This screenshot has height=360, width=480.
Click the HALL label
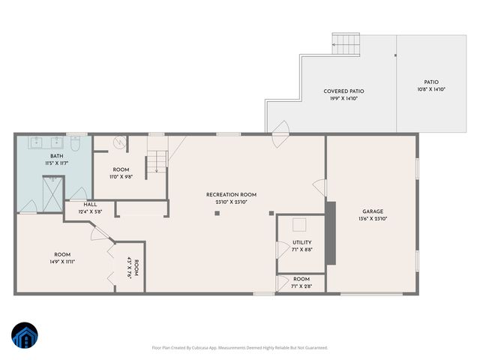point(90,204)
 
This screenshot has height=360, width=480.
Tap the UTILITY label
point(301,243)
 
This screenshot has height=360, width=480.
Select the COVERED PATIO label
point(344,91)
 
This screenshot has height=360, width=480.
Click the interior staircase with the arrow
point(156,161)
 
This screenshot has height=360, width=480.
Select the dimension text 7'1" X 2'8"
point(301,286)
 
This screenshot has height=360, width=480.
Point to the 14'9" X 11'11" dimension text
point(62,262)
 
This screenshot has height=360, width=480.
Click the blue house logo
point(24,336)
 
